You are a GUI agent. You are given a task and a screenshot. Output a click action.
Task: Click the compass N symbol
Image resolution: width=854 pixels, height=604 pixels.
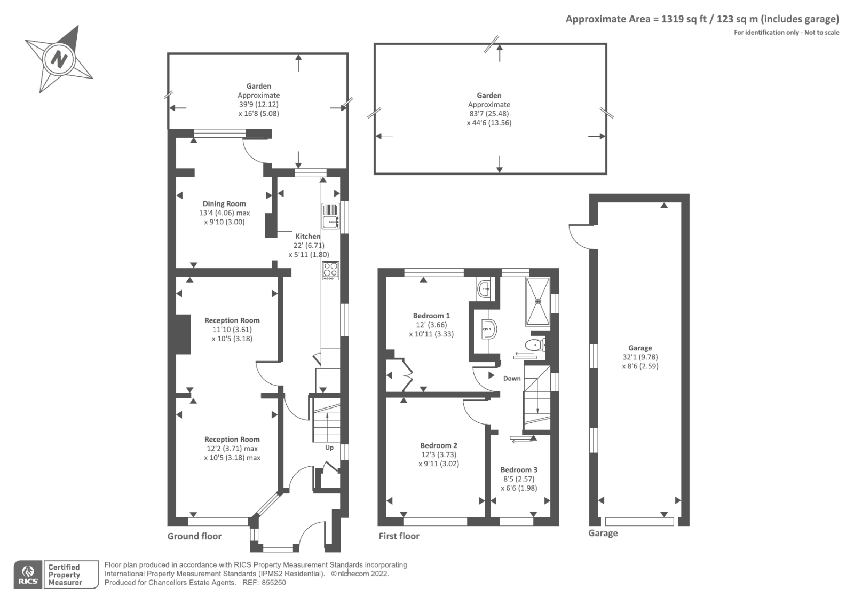pyautogui.click(x=59, y=58)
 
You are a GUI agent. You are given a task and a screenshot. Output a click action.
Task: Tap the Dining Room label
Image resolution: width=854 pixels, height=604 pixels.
pyautogui.click(x=224, y=203)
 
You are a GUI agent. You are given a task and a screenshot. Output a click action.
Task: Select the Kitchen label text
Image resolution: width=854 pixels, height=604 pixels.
pyautogui.click(x=308, y=236)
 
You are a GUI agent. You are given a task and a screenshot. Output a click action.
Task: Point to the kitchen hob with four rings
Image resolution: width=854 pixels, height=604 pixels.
pyautogui.click(x=330, y=270)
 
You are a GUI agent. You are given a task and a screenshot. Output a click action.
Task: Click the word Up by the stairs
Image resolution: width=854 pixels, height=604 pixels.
pyautogui.click(x=329, y=448)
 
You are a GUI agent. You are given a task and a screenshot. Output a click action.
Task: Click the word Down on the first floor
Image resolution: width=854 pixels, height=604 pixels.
pyautogui.click(x=512, y=378)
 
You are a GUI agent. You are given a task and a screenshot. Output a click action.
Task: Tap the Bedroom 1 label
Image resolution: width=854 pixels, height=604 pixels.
pyautogui.click(x=431, y=316)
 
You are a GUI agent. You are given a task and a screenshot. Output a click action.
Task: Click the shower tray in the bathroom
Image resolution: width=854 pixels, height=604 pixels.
pyautogui.click(x=537, y=301)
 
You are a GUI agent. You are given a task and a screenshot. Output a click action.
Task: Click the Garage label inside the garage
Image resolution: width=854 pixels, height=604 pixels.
pyautogui.click(x=640, y=348)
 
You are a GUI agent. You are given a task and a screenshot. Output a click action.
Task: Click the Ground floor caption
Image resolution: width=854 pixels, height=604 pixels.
pyautogui.click(x=194, y=536)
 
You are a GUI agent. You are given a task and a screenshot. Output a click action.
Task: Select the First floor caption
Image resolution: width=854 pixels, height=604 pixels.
pyautogui.click(x=399, y=536)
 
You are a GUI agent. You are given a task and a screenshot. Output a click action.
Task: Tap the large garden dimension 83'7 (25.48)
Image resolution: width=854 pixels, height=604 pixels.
pyautogui.click(x=489, y=114)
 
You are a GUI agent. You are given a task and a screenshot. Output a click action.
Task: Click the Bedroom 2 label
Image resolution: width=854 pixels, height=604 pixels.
pyautogui.click(x=439, y=445)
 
